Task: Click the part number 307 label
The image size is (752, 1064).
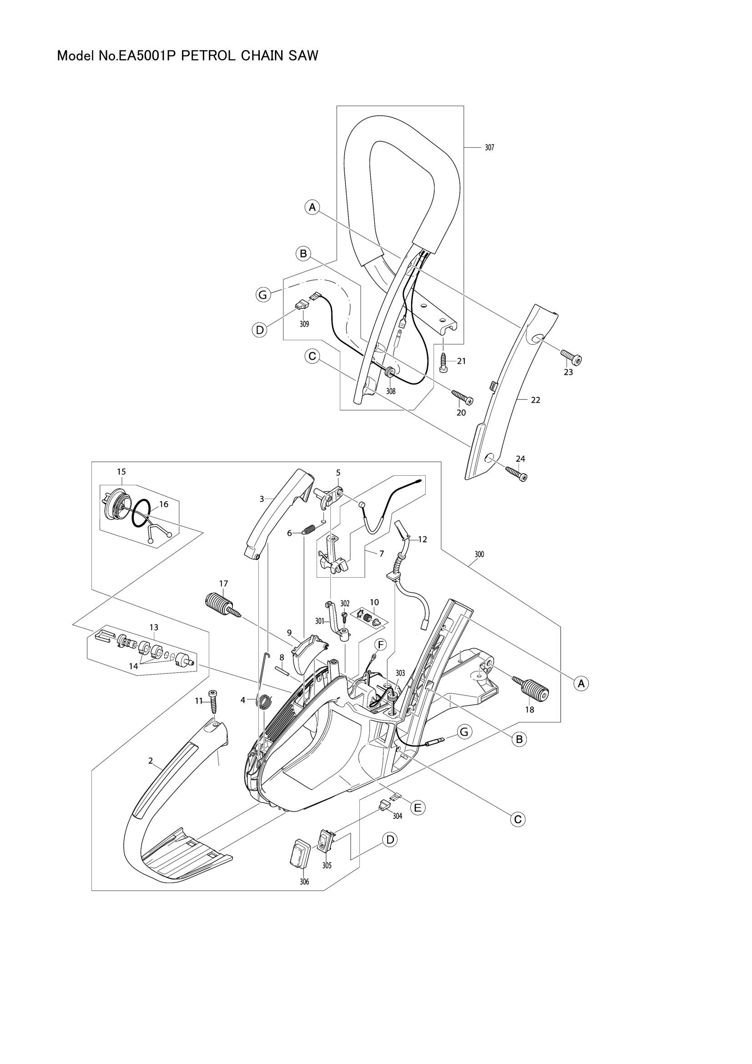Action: [490, 148]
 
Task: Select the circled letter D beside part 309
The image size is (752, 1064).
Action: [260, 329]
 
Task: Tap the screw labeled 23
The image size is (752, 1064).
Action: [572, 356]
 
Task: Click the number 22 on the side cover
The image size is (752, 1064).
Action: [535, 400]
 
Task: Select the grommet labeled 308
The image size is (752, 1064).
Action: [390, 373]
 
